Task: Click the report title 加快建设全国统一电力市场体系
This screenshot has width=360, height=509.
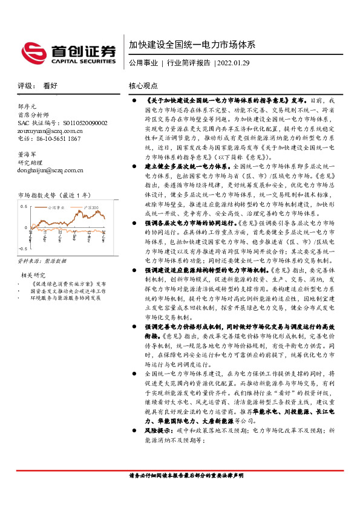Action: click(x=192, y=45)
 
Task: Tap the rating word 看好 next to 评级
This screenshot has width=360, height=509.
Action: click(x=50, y=86)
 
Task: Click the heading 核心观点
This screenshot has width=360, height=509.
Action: click(x=143, y=86)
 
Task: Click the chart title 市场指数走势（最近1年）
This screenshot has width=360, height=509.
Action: click(x=55, y=195)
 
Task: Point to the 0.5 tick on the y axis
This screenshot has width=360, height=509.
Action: click(x=24, y=206)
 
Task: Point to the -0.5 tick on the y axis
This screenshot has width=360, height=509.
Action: click(x=22, y=248)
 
